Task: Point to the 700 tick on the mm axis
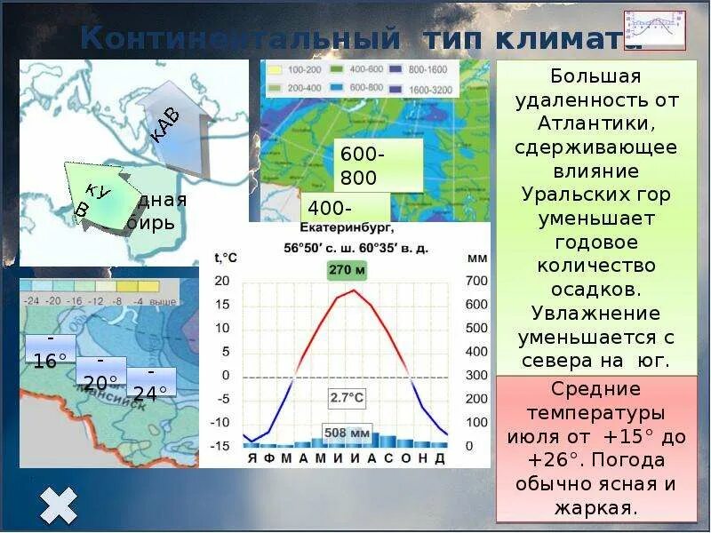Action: (476, 282)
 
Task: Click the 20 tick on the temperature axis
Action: (221, 282)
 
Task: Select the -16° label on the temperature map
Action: (50, 351)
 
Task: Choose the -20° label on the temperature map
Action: (100, 373)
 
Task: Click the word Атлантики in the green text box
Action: (595, 122)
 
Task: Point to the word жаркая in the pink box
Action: (595, 509)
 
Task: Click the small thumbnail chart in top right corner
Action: (654, 30)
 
